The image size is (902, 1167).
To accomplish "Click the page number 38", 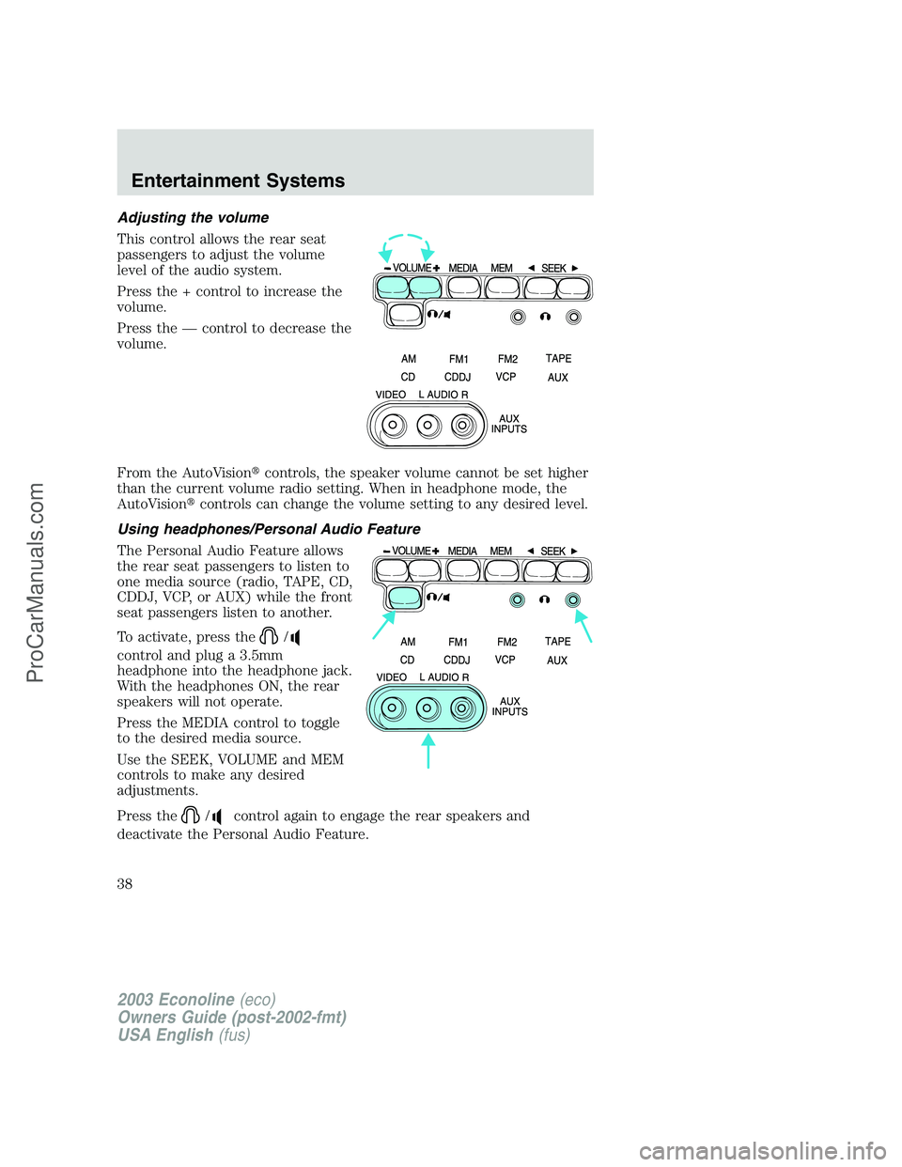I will [125, 883].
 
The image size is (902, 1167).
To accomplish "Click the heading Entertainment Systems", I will [238, 180].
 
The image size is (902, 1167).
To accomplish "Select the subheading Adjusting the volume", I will [193, 217].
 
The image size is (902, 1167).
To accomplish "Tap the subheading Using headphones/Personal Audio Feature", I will [269, 529].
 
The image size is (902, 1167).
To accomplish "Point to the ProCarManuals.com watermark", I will [36, 583].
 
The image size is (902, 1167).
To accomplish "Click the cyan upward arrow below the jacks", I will [428, 751].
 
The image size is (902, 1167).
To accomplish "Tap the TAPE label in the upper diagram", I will [558, 359].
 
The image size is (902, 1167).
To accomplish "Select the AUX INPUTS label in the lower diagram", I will [510, 707].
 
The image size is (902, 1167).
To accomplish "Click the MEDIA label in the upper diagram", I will [463, 269].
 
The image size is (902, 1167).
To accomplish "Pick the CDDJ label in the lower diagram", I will [457, 661].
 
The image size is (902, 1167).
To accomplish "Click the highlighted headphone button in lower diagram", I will [404, 597].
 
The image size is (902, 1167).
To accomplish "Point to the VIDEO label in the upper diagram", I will [391, 395].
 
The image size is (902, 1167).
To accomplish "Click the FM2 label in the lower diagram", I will [507, 643].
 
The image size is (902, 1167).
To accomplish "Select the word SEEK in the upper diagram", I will [553, 269].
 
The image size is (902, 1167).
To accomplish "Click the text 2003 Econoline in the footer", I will [177, 1000].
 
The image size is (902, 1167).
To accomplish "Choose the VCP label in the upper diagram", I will [505, 377].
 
